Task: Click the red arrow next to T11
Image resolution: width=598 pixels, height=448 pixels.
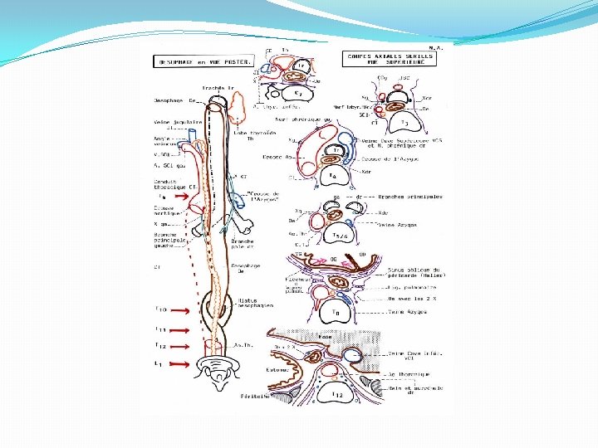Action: click(179, 329)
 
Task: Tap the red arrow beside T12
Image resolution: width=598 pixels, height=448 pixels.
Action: click(179, 346)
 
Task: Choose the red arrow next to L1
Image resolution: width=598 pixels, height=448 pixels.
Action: click(179, 363)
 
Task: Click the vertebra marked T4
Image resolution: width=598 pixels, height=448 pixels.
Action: click(331, 176)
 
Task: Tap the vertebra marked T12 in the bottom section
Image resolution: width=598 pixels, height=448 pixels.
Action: click(338, 395)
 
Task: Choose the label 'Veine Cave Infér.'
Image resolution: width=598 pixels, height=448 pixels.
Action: click(415, 356)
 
